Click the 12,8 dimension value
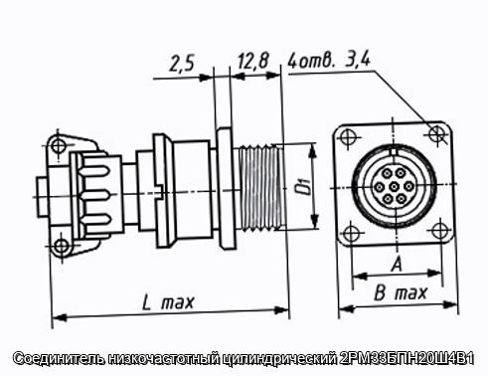click(x=252, y=61)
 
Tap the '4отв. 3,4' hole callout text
click(x=329, y=60)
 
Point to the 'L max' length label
click(x=168, y=302)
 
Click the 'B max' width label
click(x=401, y=293)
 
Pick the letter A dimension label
click(x=397, y=265)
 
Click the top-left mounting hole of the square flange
click(x=348, y=136)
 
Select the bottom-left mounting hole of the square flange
click(x=351, y=234)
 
